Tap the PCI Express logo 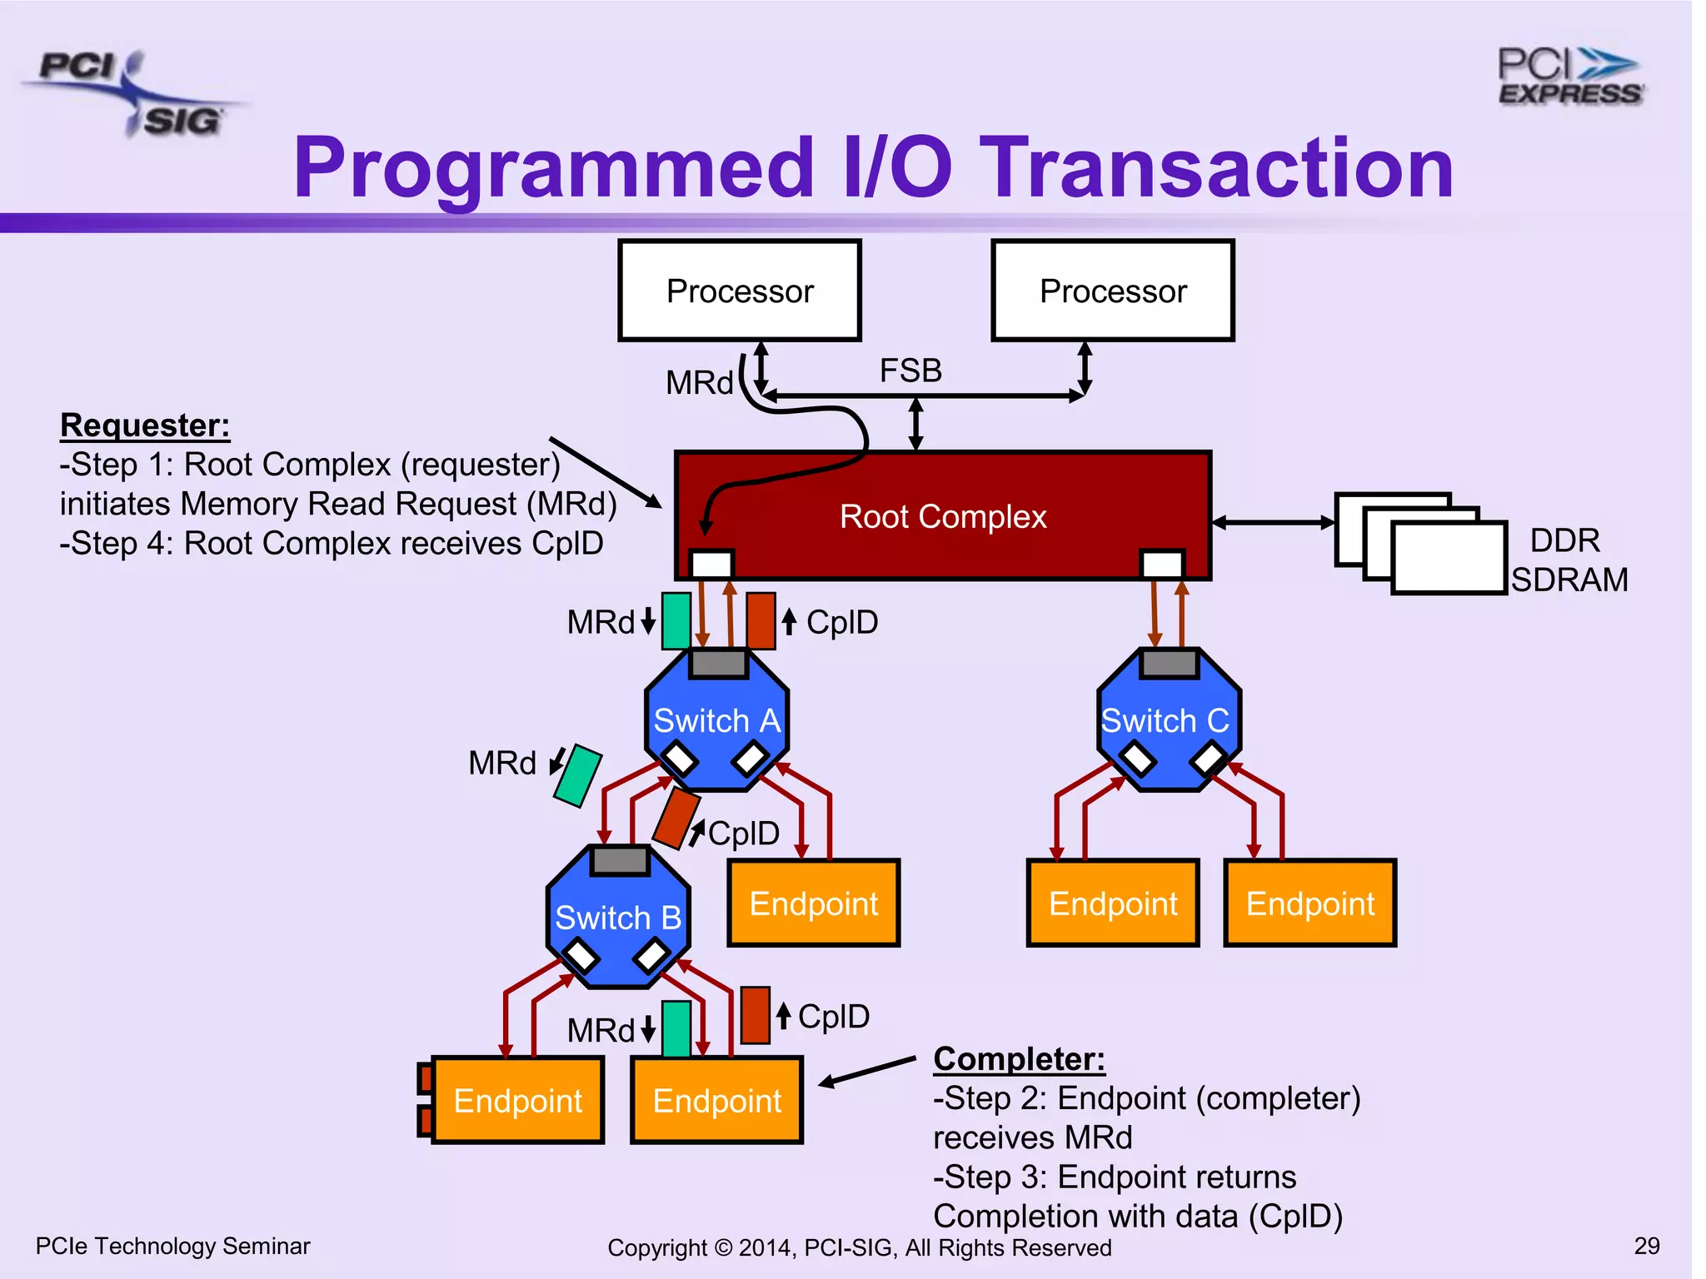(x=1569, y=77)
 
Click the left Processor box (x=740, y=291)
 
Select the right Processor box (x=1113, y=291)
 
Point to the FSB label (x=910, y=371)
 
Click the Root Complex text (x=942, y=517)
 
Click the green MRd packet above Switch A (x=676, y=620)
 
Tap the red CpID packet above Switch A (x=761, y=620)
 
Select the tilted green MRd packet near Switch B (x=578, y=776)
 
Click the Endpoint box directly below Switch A (x=814, y=903)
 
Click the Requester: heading (x=145, y=426)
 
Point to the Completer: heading (x=1019, y=1059)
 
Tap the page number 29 (x=1646, y=1246)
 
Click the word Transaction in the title (x=1216, y=168)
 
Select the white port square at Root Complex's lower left (x=712, y=565)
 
